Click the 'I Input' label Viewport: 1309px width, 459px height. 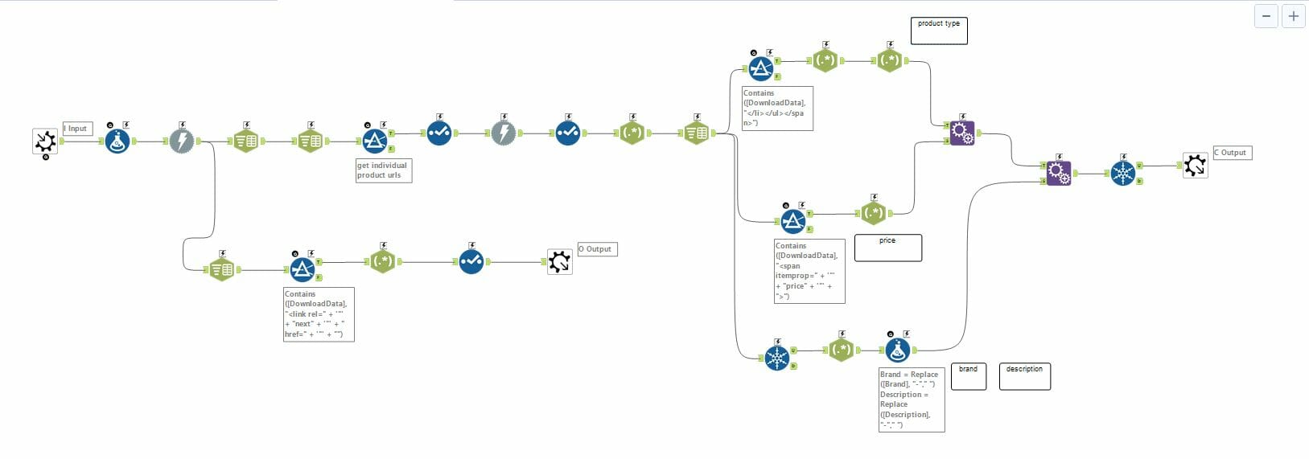(x=77, y=129)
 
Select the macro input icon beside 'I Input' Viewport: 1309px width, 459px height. (x=45, y=141)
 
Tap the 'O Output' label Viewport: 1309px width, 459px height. (x=597, y=249)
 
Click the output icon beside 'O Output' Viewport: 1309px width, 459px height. (x=559, y=261)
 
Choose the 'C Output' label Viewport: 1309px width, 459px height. (x=1232, y=153)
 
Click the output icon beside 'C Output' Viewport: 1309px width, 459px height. (x=1195, y=166)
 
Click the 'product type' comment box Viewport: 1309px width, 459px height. (x=939, y=31)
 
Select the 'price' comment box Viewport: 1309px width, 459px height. (x=887, y=248)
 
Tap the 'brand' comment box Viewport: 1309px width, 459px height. (x=968, y=376)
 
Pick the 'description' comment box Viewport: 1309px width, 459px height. (x=1024, y=376)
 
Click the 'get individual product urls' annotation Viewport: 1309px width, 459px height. (x=384, y=170)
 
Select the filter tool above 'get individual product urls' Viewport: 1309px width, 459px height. (x=374, y=141)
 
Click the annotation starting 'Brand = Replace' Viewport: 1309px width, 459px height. (x=911, y=400)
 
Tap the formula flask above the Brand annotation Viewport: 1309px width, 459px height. (x=897, y=350)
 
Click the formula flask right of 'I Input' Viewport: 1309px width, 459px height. (x=117, y=141)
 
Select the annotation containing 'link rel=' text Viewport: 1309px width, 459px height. (x=318, y=314)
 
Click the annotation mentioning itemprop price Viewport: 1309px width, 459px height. (x=809, y=271)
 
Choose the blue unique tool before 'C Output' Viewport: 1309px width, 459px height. (x=1122, y=173)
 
